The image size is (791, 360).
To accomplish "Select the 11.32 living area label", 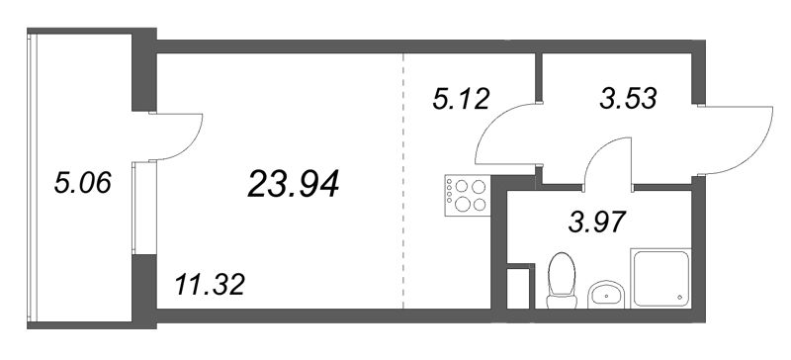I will [x=209, y=287].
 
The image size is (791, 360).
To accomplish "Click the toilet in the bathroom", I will [x=561, y=277].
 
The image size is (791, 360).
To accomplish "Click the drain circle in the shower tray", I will [x=679, y=296].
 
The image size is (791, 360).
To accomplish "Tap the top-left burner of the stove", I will [x=460, y=185].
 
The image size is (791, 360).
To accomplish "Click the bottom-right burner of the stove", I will [x=479, y=205].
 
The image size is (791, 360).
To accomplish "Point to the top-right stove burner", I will [x=479, y=185].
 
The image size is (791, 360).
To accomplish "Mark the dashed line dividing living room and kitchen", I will [x=403, y=178].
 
